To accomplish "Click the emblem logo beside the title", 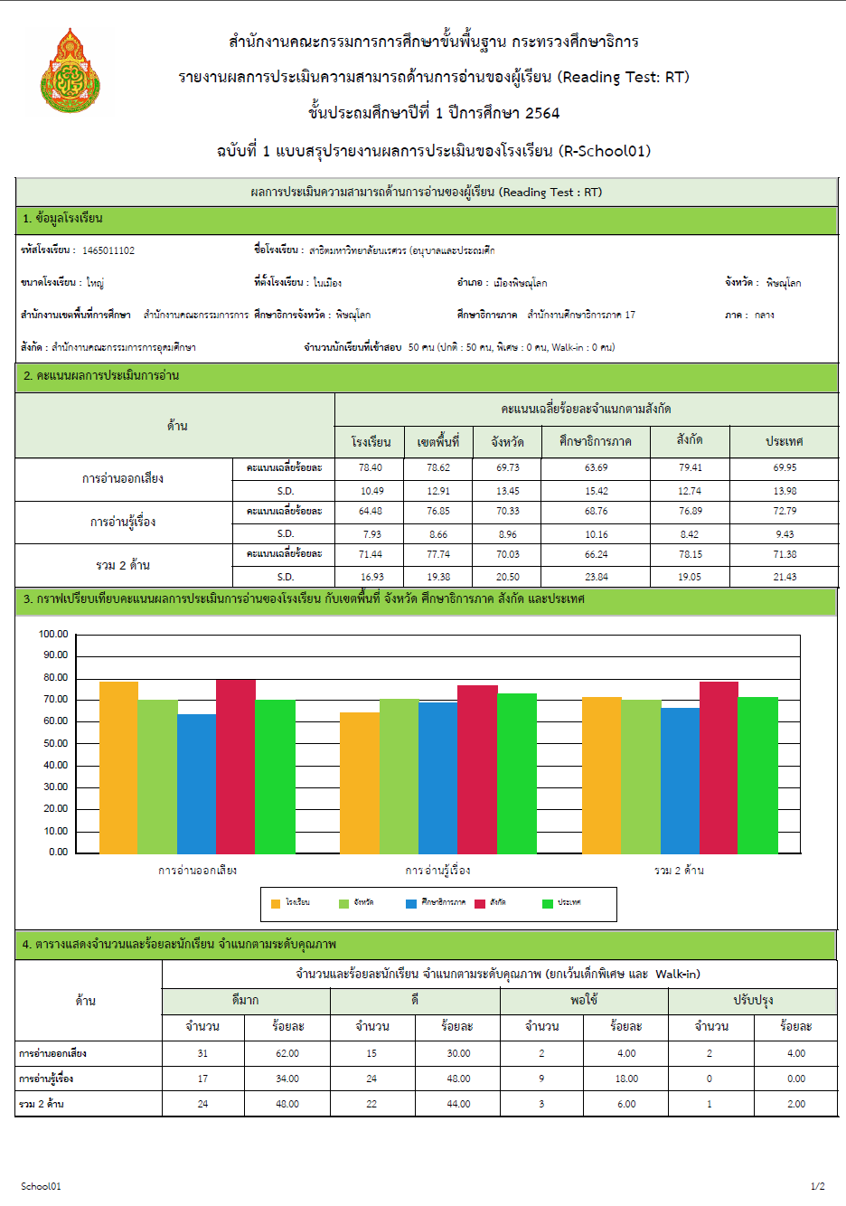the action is coord(70,71).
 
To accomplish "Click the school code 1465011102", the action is coord(108,250).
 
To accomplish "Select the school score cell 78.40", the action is coord(371,467).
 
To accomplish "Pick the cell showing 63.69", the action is coord(596,467).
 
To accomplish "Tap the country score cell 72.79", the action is coord(785,511).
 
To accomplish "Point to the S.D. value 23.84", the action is coord(596,577).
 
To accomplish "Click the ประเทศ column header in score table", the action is coord(785,441).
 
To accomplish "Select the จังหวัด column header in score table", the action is coord(507,442).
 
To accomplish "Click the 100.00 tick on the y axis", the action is coord(53,634).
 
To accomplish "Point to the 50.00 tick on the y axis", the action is coord(55,743).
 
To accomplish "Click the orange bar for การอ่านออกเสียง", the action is coord(119,768).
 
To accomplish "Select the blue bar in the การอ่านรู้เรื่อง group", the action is coord(438,778).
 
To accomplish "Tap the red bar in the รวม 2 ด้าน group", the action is coord(719,768).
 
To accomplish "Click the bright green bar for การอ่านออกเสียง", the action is coord(275,777).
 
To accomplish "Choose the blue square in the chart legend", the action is coord(411,904).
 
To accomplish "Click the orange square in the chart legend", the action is coord(276,904).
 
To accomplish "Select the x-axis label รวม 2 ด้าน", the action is coord(679,870).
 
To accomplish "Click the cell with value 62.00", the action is coord(287,1053).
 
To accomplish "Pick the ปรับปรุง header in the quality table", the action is coord(753,1001).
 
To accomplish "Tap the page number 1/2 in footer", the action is coord(817,1186).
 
